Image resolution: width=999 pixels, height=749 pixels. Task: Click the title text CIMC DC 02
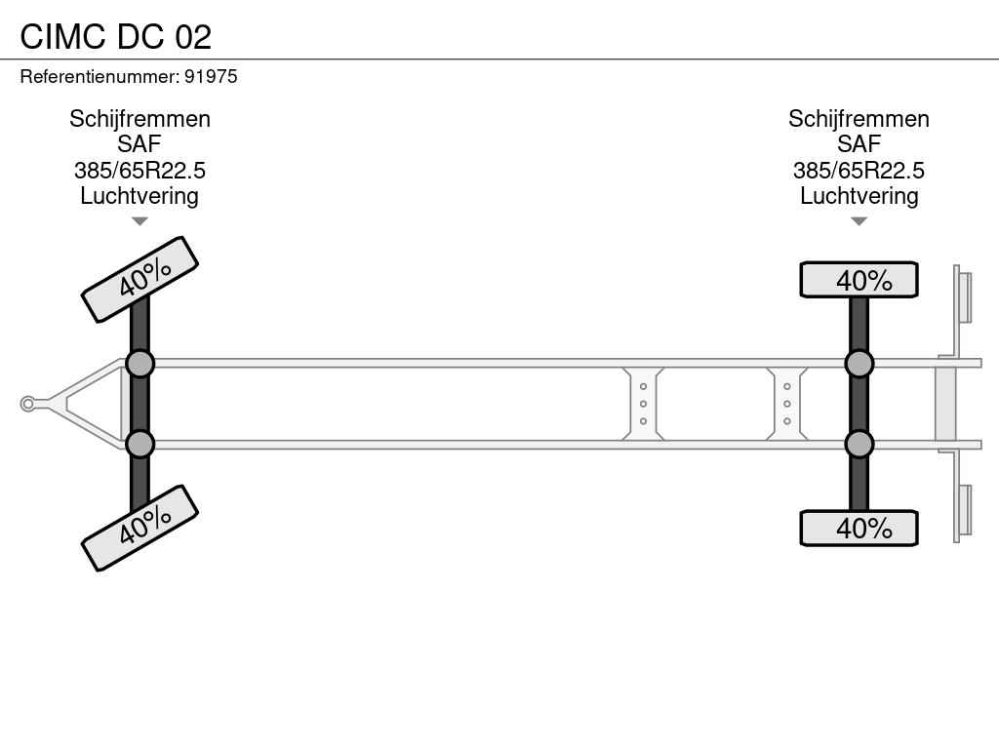pos(115,36)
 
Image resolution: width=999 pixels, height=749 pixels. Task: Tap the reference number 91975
pos(211,76)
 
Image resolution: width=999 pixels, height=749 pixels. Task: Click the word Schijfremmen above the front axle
pos(140,119)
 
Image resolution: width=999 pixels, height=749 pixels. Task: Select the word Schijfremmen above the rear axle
pos(859,119)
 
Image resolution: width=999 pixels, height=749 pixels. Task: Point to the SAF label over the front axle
pos(139,144)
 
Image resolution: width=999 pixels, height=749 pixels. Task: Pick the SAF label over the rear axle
pos(859,144)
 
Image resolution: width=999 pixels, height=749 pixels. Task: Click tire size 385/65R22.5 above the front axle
pos(140,170)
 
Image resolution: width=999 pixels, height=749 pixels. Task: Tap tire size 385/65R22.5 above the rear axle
pos(859,170)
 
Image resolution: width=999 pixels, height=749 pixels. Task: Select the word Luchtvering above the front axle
pos(140,196)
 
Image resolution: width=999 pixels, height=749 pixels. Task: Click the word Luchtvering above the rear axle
pos(859,196)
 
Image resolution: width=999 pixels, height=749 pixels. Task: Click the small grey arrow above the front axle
pos(140,221)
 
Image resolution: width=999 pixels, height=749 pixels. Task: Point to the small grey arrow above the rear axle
pos(859,221)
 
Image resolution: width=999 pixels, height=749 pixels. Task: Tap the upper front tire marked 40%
pos(140,280)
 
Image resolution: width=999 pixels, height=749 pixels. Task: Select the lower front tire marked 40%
pos(140,528)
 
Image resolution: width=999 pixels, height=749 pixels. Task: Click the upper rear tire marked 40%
pos(859,280)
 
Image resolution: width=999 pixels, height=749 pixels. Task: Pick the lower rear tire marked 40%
pos(859,528)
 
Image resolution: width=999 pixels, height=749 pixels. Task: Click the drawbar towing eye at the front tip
pos(27,404)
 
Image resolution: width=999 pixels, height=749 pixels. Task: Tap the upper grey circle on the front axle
pos(140,365)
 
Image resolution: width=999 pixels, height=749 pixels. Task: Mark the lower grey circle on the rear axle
pos(859,445)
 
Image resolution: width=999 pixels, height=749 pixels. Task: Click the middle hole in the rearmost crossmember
pos(787,404)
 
